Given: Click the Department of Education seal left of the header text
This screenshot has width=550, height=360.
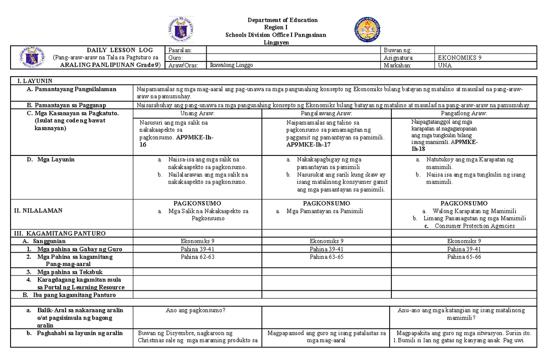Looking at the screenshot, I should [x=181, y=30].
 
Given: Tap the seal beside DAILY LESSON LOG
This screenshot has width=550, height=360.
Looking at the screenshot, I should [x=33, y=57].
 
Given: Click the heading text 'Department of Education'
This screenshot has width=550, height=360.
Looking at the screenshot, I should [x=282, y=20].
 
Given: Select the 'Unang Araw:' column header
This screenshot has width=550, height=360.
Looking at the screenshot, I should [x=198, y=113].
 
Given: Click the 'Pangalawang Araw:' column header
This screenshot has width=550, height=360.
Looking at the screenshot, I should [x=326, y=113].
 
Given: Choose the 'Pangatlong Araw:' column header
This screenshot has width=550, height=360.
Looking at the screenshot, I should [x=464, y=113].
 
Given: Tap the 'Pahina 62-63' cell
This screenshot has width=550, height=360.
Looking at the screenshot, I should [x=198, y=257].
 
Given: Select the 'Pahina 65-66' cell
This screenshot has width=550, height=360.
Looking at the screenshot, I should [x=464, y=257].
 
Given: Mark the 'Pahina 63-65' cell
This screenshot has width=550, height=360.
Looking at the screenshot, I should [x=326, y=257].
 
